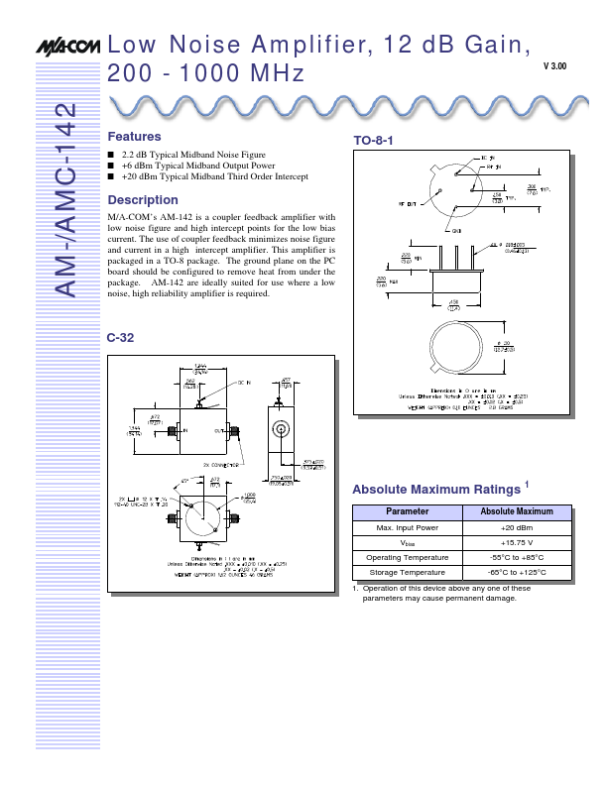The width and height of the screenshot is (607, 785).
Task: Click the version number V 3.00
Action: tap(555, 66)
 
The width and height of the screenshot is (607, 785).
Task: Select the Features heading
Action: tap(134, 136)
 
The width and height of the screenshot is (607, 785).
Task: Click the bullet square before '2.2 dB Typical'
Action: tap(110, 157)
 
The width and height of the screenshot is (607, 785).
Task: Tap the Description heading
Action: tap(142, 199)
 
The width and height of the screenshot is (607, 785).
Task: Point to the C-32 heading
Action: tap(120, 338)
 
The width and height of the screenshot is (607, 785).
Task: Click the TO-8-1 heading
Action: tap(374, 142)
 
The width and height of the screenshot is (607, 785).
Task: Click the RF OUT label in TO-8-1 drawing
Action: tap(408, 202)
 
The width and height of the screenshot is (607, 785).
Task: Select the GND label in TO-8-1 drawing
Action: tap(457, 230)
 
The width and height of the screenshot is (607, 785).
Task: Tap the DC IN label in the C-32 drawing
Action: tap(243, 382)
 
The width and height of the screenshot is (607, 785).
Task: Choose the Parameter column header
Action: tap(407, 511)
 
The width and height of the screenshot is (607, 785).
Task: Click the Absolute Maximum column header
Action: tap(516, 511)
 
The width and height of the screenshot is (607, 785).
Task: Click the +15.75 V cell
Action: tap(516, 542)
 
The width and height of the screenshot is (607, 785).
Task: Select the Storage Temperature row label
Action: tap(407, 572)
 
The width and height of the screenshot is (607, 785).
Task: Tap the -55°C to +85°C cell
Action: tap(516, 557)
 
